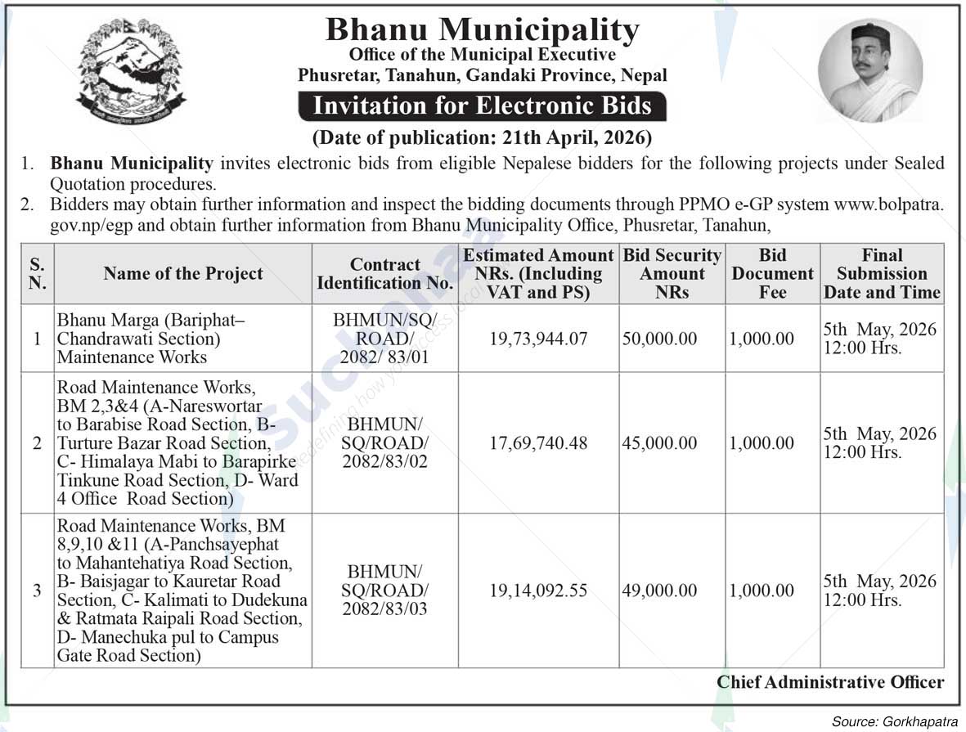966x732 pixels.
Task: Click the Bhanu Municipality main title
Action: pyautogui.click(x=482, y=30)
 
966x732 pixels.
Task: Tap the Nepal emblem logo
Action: pyautogui.click(x=131, y=71)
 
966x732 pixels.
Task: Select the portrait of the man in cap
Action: pyautogui.click(x=870, y=70)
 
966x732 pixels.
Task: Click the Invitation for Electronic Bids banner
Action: pyautogui.click(x=483, y=106)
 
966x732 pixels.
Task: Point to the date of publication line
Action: pyautogui.click(x=482, y=136)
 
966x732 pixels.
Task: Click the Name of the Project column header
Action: pyautogui.click(x=183, y=274)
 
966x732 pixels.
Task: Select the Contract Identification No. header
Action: pyautogui.click(x=384, y=274)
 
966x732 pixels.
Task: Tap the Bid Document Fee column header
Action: pyautogui.click(x=772, y=274)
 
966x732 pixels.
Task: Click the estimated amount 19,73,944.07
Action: pyautogui.click(x=538, y=339)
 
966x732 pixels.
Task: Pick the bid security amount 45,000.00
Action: pyautogui.click(x=658, y=443)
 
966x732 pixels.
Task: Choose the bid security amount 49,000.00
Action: pyautogui.click(x=658, y=591)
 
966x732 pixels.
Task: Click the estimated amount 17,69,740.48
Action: pyautogui.click(x=538, y=443)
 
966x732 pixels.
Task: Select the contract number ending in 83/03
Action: pyautogui.click(x=384, y=591)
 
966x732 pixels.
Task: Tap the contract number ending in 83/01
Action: pyautogui.click(x=384, y=339)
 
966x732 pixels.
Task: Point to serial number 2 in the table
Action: pyautogui.click(x=37, y=443)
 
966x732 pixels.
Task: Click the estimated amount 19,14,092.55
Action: pyautogui.click(x=538, y=591)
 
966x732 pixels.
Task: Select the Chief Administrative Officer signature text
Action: pyautogui.click(x=830, y=682)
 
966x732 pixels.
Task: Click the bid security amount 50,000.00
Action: pyautogui.click(x=658, y=339)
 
